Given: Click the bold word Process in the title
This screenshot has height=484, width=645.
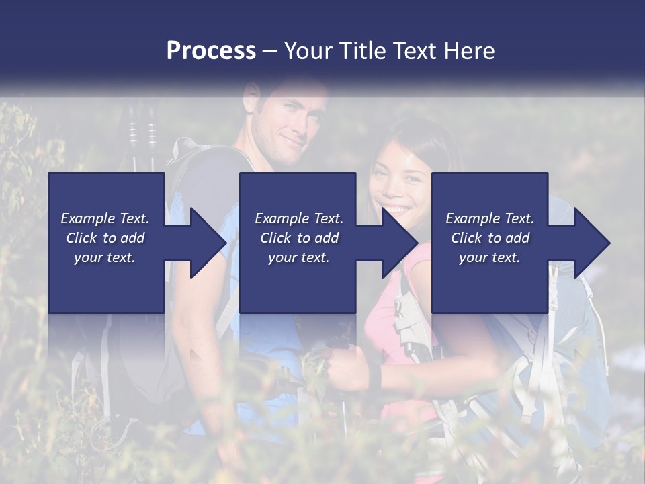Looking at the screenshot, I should [x=211, y=50].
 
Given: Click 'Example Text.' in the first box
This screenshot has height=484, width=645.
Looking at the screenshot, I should [x=105, y=218].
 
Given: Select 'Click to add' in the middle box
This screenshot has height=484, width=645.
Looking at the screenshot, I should [x=299, y=238].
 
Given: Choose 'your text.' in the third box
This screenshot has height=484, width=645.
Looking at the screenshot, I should [x=490, y=257].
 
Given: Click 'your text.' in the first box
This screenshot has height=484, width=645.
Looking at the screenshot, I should [x=105, y=257].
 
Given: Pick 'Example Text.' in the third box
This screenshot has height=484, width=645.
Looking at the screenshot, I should [x=490, y=218].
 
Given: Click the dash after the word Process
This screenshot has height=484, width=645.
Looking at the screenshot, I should [x=270, y=51].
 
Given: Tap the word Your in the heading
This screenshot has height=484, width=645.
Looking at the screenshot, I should [x=307, y=50].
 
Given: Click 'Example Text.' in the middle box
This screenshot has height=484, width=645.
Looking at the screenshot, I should [x=299, y=218].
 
